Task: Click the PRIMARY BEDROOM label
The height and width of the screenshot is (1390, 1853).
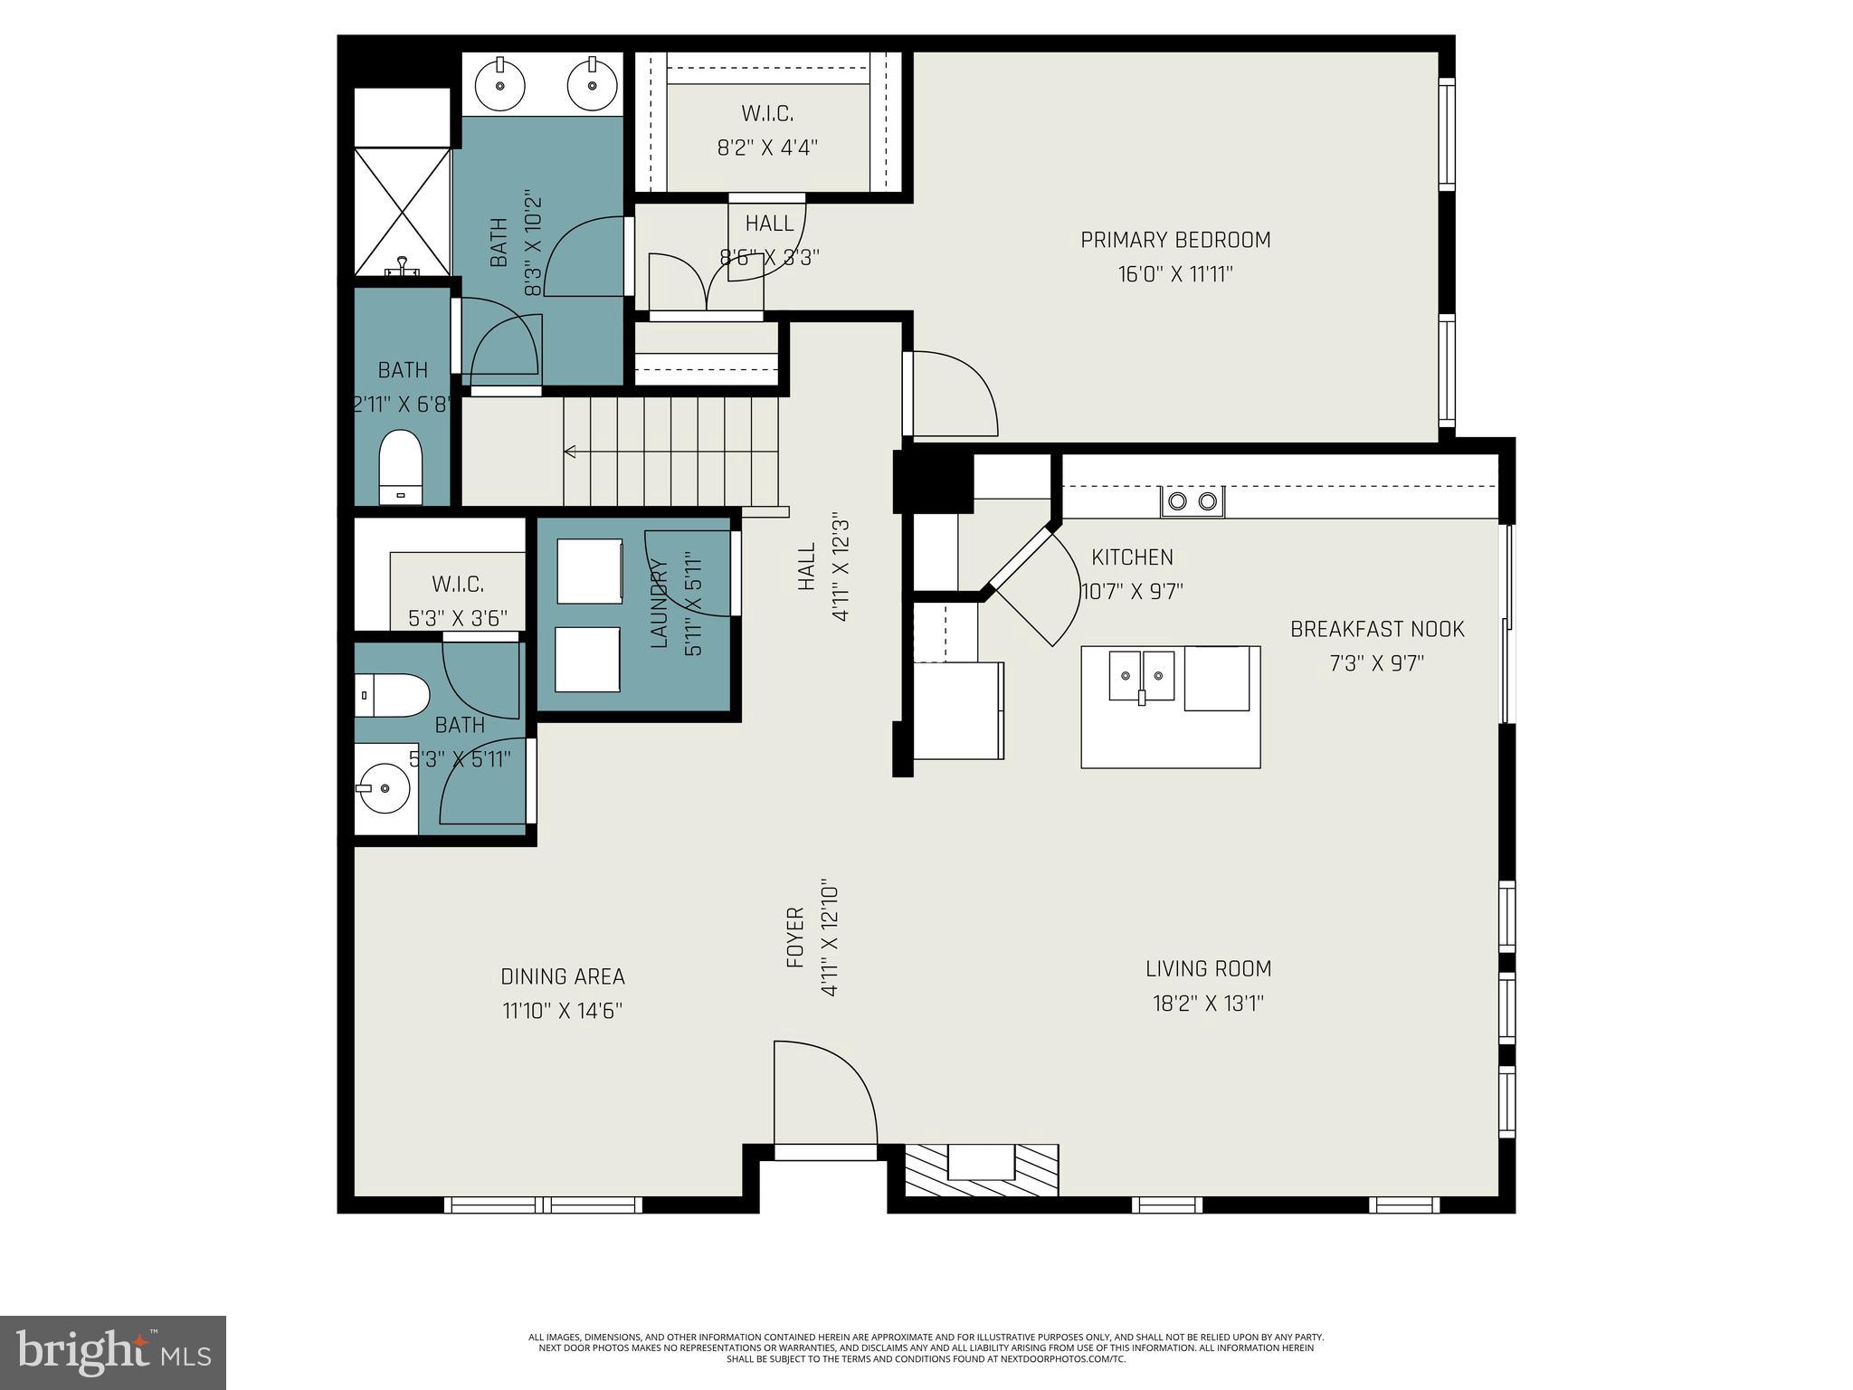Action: coord(1175,240)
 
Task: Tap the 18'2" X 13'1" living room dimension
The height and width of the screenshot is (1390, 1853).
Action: coord(1208,1004)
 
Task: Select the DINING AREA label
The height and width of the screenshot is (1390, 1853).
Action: coord(563,976)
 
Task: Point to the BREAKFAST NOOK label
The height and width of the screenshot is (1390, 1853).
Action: coord(1376,629)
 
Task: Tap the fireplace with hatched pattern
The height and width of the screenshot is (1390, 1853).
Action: coord(982,1169)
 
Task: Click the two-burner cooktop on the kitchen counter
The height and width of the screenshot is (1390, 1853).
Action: coord(1193,501)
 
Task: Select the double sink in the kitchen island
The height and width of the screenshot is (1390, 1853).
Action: coord(1142,675)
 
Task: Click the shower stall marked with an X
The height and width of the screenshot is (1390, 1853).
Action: coord(402,212)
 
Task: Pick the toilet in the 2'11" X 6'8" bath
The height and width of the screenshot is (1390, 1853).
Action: coord(400,466)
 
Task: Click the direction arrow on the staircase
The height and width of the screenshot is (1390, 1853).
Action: coord(571,451)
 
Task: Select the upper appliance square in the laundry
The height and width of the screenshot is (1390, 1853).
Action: coord(589,570)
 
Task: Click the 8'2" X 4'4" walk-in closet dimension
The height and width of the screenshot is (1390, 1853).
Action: coord(767,148)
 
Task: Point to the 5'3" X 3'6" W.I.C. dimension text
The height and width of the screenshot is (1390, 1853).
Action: coord(457,618)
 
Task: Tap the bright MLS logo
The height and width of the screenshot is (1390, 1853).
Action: coord(113,1352)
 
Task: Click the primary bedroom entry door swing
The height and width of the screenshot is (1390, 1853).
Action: coord(952,393)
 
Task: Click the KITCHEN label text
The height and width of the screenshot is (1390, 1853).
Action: coord(1132,557)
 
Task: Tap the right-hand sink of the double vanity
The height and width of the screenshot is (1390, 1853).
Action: coord(592,85)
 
